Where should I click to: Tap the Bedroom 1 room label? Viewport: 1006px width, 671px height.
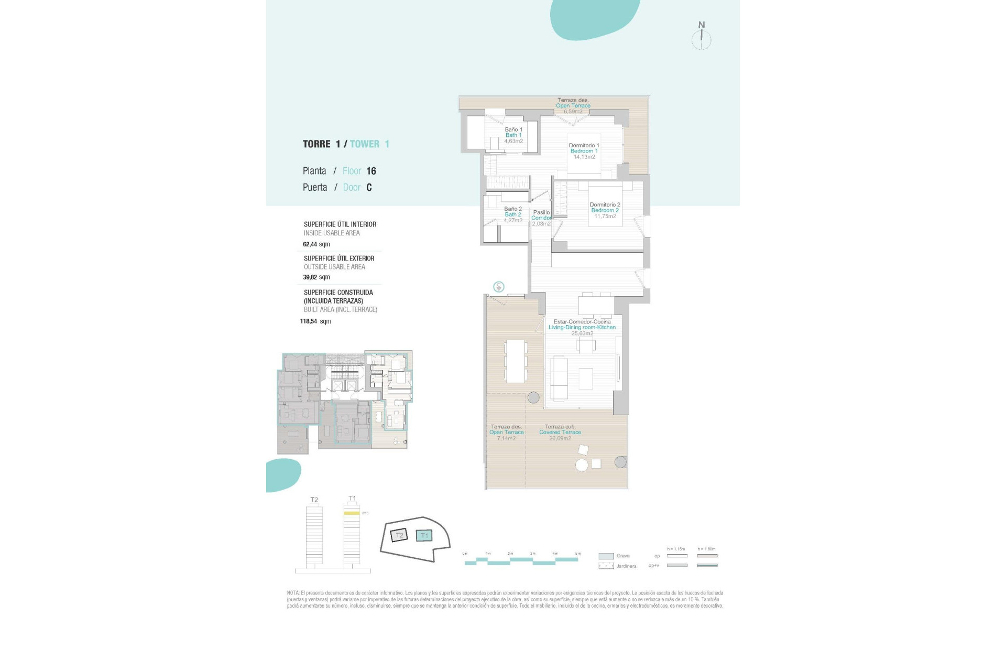point(584,151)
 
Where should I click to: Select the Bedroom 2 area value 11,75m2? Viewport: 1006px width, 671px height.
point(605,217)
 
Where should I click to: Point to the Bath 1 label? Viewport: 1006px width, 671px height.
point(513,135)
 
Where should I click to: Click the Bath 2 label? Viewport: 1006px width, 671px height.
point(512,214)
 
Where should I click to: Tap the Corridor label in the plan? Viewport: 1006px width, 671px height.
point(541,218)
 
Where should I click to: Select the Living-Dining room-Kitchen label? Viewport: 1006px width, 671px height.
point(582,327)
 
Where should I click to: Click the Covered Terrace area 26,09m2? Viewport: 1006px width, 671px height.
point(560,438)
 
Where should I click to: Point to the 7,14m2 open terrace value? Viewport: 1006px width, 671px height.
point(506,438)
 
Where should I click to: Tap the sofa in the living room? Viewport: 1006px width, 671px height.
point(559,378)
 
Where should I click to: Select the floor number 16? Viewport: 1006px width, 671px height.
point(371,171)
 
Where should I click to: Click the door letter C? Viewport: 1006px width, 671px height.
point(369,188)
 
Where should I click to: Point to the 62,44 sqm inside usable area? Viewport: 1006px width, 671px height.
point(316,244)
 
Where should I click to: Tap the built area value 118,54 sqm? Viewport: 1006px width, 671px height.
point(315,321)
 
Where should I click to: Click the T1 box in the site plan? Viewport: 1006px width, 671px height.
point(424,536)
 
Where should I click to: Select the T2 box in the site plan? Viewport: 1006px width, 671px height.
point(399,535)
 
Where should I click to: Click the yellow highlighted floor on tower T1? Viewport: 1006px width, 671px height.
point(352,513)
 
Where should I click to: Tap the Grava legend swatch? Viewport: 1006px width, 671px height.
point(606,556)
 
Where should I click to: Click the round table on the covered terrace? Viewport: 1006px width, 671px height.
point(582,464)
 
